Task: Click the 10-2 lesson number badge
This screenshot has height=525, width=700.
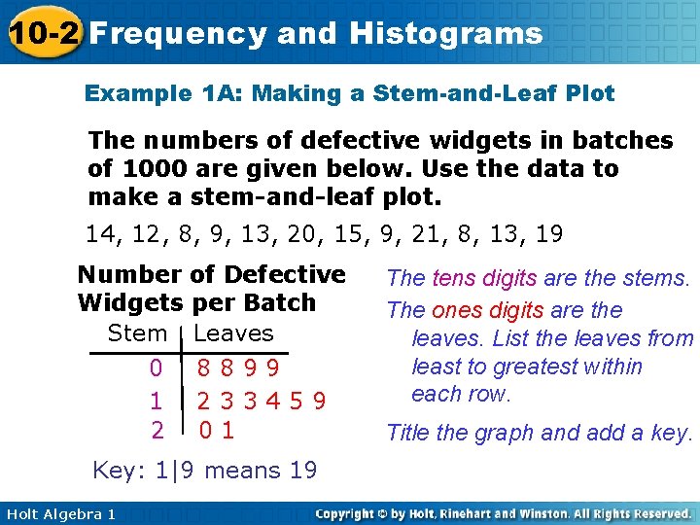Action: pyautogui.click(x=41, y=34)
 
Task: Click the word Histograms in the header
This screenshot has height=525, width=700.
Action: pyautogui.click(x=445, y=34)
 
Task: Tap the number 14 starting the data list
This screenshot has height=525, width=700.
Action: pyautogui.click(x=99, y=234)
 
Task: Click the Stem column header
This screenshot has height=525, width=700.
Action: pyautogui.click(x=137, y=333)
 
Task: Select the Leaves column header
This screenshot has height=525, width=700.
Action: pyautogui.click(x=234, y=333)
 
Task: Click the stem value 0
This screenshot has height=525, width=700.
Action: pyautogui.click(x=156, y=368)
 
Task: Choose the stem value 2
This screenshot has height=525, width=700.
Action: pyautogui.click(x=156, y=429)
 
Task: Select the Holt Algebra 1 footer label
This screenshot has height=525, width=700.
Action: pyautogui.click(x=60, y=513)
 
